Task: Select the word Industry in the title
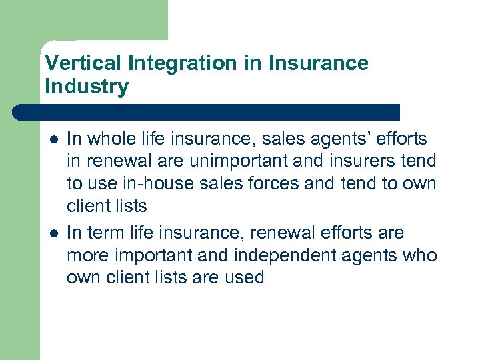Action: click(x=86, y=87)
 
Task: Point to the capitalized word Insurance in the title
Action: click(x=319, y=63)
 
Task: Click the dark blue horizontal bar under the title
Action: click(x=207, y=112)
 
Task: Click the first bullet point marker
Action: click(x=53, y=139)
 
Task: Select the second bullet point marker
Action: click(x=53, y=233)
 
